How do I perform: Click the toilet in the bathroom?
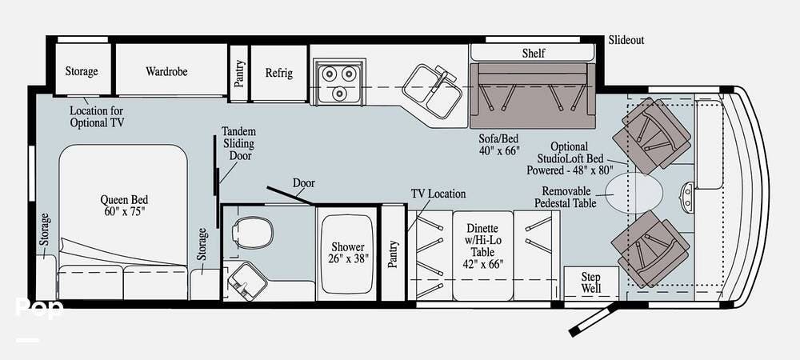click(x=252, y=233)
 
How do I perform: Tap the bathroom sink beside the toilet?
click(x=247, y=281)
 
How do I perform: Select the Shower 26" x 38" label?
click(x=347, y=253)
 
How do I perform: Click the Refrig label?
click(x=279, y=73)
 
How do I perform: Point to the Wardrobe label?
click(x=166, y=71)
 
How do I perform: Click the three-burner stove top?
click(x=338, y=82)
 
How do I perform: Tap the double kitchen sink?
click(x=432, y=90)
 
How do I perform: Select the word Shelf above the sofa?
click(x=533, y=53)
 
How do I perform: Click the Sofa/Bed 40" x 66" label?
click(x=499, y=144)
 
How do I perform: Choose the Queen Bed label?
click(x=124, y=205)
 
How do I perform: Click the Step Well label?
click(x=591, y=282)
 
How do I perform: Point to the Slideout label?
click(x=626, y=40)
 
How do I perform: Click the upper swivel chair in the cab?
click(x=651, y=135)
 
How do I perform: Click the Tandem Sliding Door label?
click(x=238, y=144)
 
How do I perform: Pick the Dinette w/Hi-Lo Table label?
click(x=482, y=246)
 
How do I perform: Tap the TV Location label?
click(x=438, y=194)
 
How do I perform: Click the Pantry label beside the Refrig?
click(x=238, y=74)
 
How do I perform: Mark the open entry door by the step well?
click(x=593, y=320)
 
